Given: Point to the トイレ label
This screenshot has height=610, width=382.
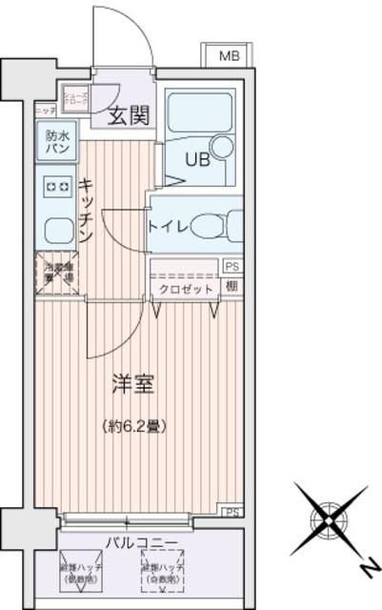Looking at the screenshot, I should [x=167, y=226].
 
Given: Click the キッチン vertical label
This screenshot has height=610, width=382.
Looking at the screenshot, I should [x=85, y=211].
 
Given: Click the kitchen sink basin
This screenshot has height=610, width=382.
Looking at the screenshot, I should [x=56, y=229].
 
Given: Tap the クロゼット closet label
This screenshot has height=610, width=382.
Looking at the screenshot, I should [x=185, y=288].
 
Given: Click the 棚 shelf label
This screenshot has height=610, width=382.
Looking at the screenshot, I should [x=231, y=286].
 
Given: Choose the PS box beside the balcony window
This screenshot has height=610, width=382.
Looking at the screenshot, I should [x=231, y=512].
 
